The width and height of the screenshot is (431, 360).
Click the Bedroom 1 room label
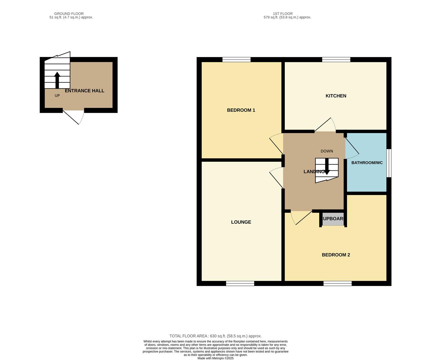241,110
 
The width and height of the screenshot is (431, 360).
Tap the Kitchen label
336,96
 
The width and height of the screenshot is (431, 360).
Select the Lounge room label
241,222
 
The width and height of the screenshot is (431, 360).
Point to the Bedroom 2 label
336,255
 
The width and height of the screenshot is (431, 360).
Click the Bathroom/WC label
367,163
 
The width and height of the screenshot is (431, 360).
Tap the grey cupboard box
333,219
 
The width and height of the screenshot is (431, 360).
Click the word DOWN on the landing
327,151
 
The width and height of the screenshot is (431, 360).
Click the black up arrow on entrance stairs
57,80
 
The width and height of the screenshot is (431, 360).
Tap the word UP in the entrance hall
57,96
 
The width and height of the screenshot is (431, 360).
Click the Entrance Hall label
85,91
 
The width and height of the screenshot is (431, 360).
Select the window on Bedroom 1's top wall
236,60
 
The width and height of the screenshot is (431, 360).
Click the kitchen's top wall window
336,60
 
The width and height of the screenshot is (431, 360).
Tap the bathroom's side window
389,163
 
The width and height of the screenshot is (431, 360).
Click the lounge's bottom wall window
240,283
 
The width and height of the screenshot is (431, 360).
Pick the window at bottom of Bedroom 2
337,283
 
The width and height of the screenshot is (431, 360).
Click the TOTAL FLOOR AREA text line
215,336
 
